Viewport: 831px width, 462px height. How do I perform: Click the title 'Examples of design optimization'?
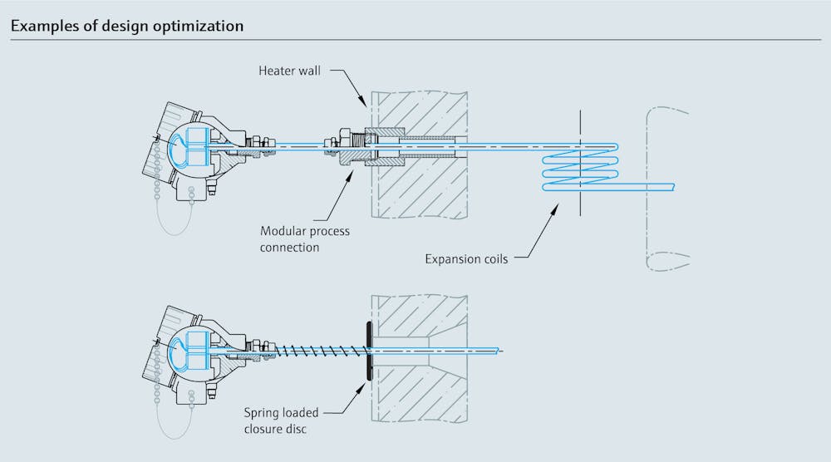127,26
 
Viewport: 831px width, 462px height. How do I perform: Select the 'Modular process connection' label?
305,239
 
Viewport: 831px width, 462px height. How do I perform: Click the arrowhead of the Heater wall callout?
363,105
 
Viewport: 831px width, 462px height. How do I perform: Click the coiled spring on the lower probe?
316,351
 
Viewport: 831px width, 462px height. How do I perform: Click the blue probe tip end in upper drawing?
670,185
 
